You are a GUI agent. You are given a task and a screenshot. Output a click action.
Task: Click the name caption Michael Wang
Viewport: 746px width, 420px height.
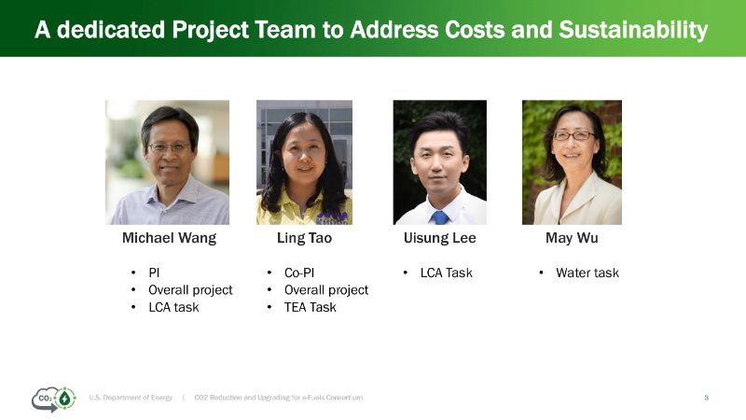169,238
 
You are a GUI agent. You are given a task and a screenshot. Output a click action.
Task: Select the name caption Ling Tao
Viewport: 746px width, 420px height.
305,238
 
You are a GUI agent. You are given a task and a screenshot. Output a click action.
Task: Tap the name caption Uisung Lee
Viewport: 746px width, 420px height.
439,238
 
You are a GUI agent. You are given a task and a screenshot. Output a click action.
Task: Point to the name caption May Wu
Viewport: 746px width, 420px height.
572,238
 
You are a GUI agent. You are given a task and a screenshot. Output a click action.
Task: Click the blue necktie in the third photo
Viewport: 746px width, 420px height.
440,217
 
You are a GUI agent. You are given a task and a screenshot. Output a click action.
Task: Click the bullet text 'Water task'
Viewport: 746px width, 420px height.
587,273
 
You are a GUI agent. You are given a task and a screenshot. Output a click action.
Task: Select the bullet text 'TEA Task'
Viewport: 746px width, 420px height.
311,307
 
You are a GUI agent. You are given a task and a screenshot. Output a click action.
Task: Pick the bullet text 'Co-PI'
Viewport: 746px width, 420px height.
299,273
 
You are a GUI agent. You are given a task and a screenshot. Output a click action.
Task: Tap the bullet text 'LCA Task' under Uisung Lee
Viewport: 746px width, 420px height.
447,273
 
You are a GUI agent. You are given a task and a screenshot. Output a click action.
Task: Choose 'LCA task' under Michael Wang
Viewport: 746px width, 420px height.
173,307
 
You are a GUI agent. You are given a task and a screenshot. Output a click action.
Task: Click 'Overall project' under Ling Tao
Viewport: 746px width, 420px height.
326,290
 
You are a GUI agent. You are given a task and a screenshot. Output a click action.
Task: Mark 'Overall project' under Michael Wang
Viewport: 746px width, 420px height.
190,290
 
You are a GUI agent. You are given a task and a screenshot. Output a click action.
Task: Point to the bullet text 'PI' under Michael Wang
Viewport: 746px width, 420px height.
154,273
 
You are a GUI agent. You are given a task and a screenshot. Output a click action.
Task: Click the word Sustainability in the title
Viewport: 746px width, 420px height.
633,30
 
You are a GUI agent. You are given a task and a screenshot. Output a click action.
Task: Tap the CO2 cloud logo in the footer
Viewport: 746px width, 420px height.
54,399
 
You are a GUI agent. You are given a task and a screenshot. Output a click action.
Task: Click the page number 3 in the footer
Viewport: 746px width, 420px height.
707,398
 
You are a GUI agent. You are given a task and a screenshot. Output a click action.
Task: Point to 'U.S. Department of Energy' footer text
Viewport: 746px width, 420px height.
131,398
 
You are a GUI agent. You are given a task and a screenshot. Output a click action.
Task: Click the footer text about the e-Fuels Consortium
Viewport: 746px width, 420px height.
278,398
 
